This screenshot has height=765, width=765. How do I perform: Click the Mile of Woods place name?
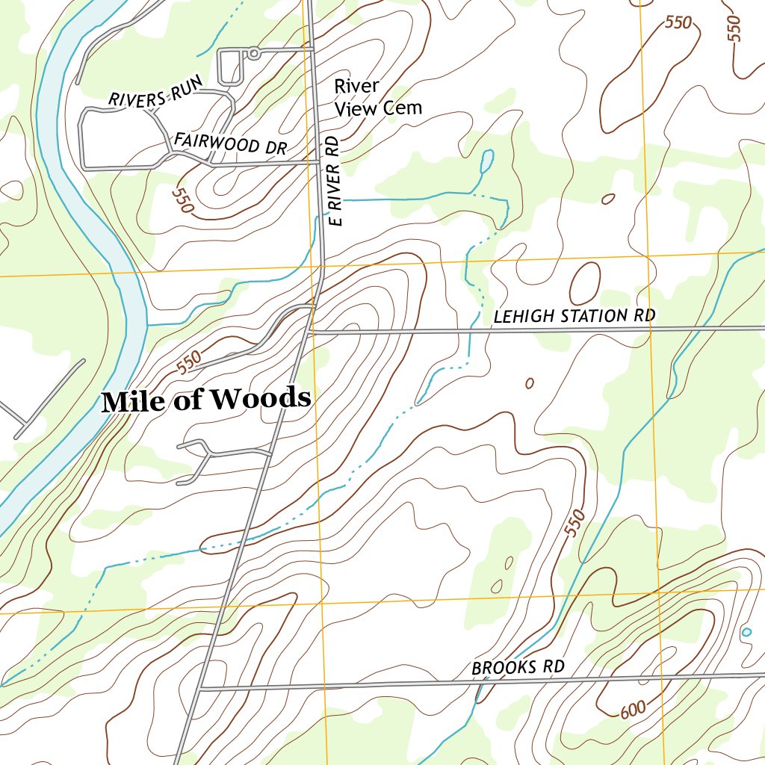(x=205, y=400)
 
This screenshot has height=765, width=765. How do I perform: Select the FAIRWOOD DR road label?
(x=230, y=144)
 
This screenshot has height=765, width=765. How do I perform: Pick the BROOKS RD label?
(x=518, y=667)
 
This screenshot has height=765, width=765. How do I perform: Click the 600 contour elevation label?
(x=633, y=710)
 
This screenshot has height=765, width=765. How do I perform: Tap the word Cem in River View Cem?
(x=403, y=108)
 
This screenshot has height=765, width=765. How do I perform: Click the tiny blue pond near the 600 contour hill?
(x=746, y=633)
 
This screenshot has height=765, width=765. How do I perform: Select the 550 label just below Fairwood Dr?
(x=182, y=200)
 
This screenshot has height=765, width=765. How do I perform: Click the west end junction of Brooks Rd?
(x=201, y=688)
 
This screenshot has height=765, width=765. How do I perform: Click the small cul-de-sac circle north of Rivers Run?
(x=253, y=53)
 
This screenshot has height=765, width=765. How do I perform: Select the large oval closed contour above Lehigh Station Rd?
(x=585, y=283)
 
